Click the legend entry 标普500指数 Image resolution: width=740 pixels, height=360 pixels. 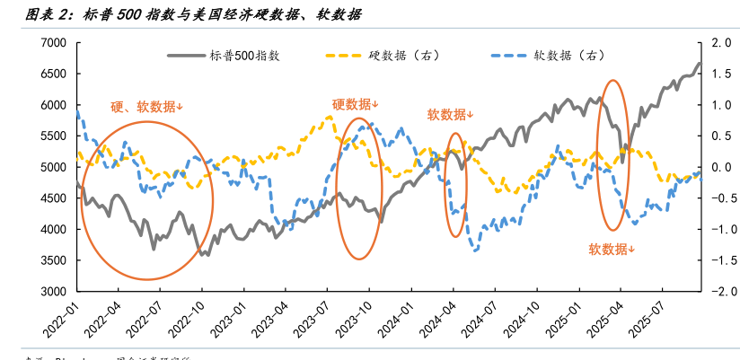[247, 56]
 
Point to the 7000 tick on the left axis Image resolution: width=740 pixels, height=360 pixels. [54, 43]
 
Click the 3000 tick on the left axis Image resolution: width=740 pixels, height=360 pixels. [54, 292]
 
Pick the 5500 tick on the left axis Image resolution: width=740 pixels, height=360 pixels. [54, 136]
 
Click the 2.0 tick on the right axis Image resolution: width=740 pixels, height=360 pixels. [720, 43]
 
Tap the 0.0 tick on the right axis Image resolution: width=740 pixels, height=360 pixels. [720, 168]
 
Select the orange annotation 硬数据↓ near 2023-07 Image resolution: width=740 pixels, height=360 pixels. [356, 104]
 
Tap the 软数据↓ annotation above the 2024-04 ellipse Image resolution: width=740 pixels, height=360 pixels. [450, 114]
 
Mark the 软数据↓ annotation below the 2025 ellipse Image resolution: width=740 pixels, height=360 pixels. [612, 249]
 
